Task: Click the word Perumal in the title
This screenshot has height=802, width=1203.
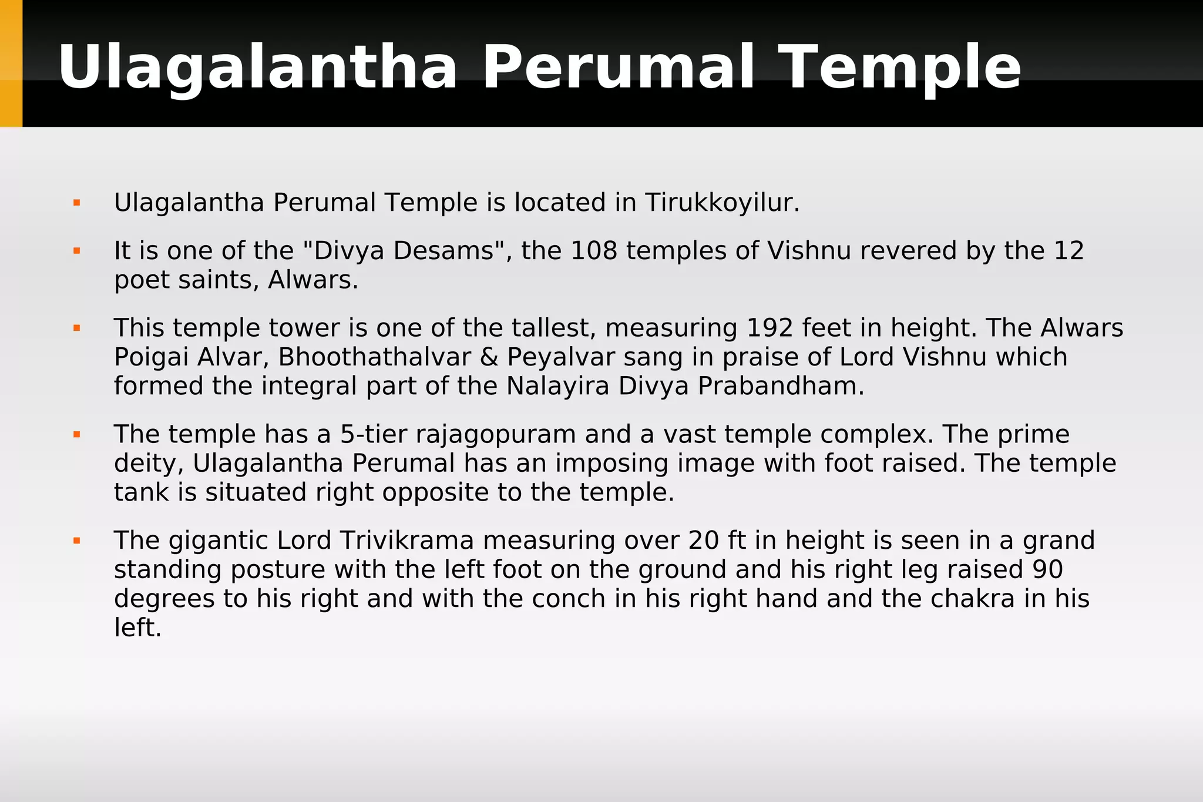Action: (619, 68)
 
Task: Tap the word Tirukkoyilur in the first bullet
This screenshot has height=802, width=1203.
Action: (722, 203)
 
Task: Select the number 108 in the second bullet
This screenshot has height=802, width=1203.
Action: (594, 251)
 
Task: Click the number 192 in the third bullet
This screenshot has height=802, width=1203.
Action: (769, 328)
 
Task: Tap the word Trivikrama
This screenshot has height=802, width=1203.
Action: (406, 541)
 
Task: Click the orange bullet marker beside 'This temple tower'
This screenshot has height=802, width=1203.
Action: (76, 328)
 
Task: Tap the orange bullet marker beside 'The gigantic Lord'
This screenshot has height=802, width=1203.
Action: (76, 541)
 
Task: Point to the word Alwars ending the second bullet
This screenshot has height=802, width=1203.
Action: (312, 280)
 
